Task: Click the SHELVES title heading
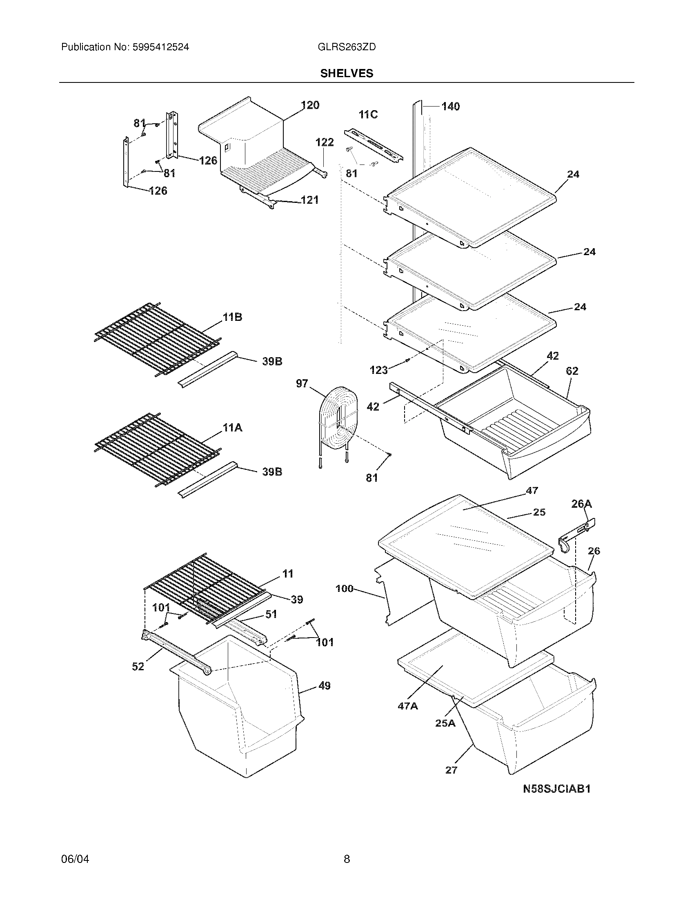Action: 347,73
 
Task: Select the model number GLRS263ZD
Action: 347,47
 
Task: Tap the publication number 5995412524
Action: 160,47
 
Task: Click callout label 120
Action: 310,105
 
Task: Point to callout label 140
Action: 451,107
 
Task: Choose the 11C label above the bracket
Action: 368,115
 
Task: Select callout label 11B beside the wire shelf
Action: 232,317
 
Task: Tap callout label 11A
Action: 232,428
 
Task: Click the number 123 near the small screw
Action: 378,370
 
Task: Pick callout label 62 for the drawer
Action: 572,371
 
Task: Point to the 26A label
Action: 581,504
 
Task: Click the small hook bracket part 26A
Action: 576,535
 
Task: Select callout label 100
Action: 344,589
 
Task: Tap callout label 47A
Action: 407,706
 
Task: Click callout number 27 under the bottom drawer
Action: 451,770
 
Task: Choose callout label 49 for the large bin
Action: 325,686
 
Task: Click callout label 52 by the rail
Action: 138,667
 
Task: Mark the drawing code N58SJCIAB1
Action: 557,789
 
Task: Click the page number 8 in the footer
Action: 347,859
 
